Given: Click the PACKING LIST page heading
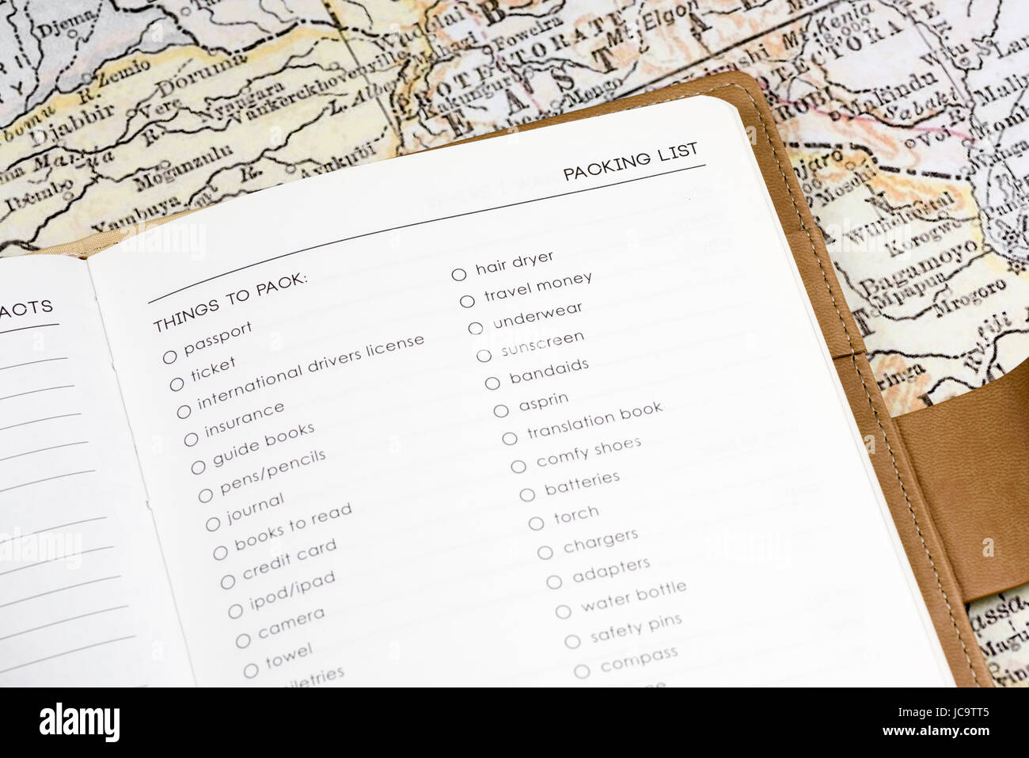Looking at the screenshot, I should [630, 162].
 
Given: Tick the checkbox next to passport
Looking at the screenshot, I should [169, 357].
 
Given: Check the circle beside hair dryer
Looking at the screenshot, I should [459, 275].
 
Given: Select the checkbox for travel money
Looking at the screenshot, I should [467, 301].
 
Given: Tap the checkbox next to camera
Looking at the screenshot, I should [243, 640].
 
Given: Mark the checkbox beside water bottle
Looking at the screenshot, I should [563, 611].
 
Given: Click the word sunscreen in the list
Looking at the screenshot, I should [542, 344].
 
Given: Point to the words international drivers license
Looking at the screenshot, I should [310, 371].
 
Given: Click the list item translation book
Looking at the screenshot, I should [594, 420].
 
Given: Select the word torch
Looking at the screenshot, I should [575, 516].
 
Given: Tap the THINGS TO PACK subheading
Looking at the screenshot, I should [230, 302].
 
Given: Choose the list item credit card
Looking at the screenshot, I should [289, 558].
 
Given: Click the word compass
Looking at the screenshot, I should [639, 659].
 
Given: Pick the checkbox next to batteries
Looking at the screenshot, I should [527, 495].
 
